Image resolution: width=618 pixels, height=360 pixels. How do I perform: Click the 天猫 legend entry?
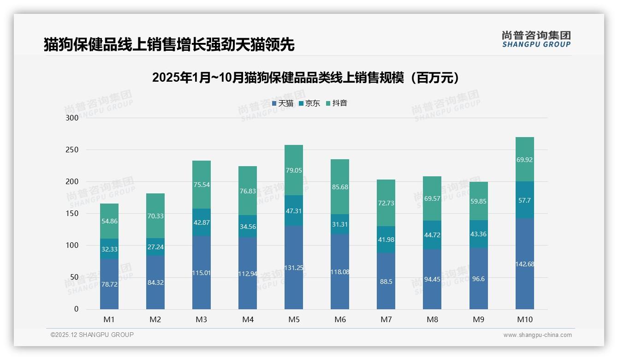(x=282, y=103)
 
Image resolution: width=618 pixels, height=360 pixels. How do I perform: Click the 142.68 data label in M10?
(x=524, y=264)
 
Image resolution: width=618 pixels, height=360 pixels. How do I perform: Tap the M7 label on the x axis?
(x=386, y=319)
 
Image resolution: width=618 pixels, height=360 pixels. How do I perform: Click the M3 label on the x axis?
(x=202, y=319)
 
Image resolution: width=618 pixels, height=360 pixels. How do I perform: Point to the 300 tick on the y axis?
(x=72, y=118)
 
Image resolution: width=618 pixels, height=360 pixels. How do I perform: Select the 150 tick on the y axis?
(x=72, y=214)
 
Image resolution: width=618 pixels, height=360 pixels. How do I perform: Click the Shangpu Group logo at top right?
(x=536, y=39)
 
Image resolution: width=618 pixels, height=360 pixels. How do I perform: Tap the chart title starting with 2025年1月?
(x=306, y=78)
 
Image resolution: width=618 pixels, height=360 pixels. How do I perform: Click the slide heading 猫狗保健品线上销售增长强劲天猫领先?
(x=169, y=45)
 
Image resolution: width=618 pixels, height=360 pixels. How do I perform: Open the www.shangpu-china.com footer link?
(x=537, y=335)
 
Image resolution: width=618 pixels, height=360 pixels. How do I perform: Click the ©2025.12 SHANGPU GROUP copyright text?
(x=92, y=335)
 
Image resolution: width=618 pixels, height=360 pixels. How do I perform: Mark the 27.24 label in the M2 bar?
(x=155, y=247)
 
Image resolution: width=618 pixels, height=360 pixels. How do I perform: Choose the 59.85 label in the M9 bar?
(x=478, y=201)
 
